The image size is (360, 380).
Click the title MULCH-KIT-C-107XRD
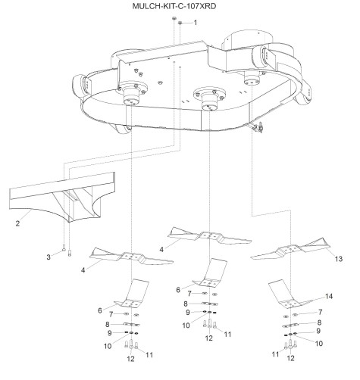pos(174,6)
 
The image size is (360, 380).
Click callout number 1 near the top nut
pos(195,23)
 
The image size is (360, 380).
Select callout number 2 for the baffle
pos(17,223)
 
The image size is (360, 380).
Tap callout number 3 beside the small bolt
pos(49,257)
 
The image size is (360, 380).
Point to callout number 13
pos(339,259)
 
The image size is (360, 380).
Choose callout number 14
pos(329,296)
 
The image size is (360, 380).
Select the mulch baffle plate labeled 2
pos(63,197)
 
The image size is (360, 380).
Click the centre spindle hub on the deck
pos(209,99)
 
